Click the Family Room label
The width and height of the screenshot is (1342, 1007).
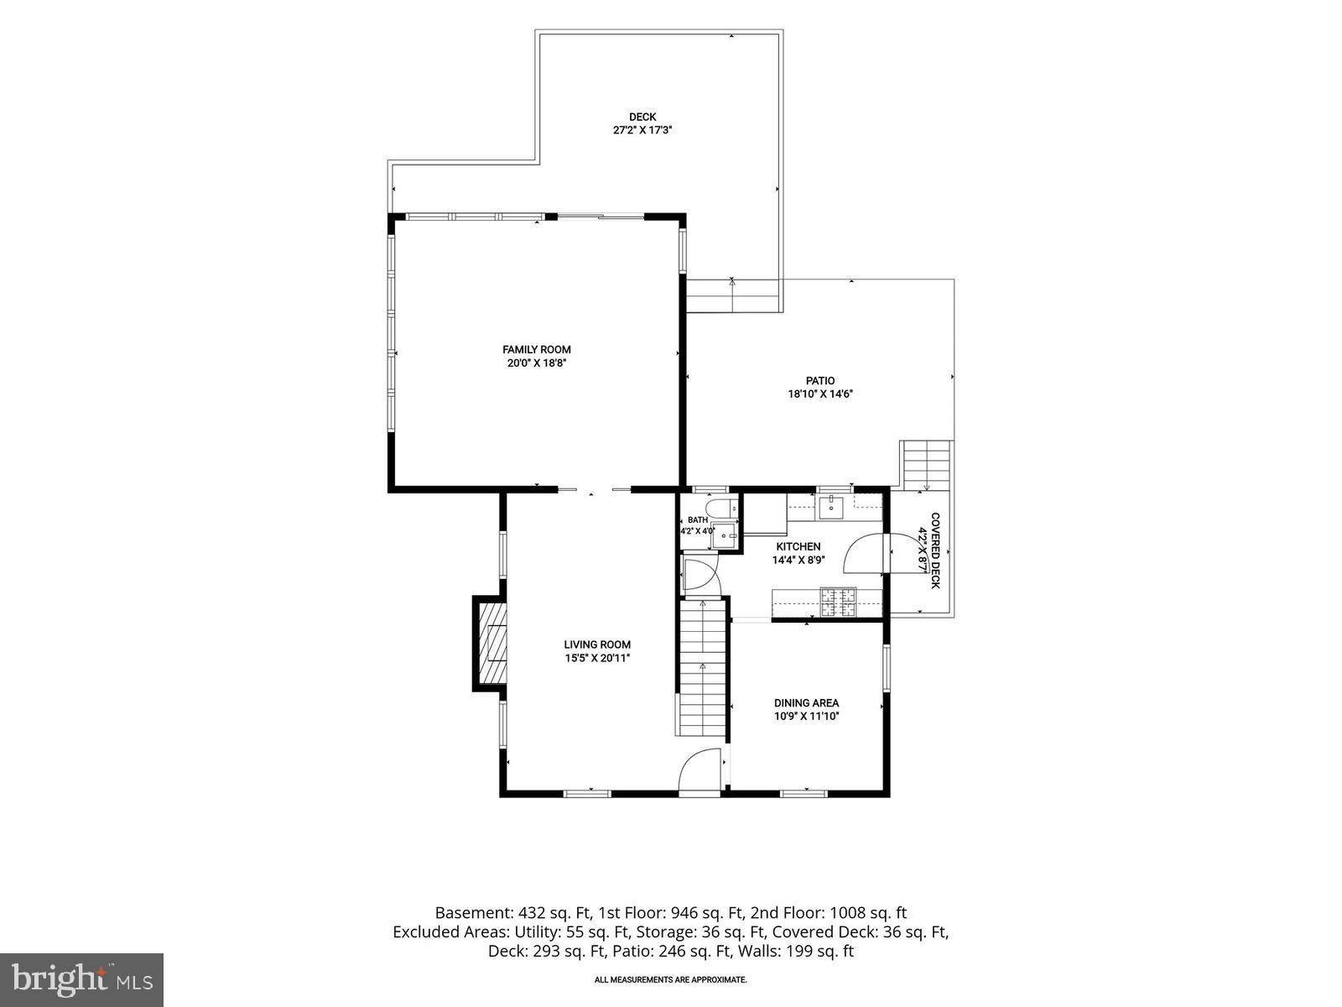pos(536,350)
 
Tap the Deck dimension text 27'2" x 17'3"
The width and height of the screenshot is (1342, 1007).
pos(642,130)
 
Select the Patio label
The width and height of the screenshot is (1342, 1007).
pos(819,381)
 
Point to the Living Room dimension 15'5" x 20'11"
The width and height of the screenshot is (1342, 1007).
pos(596,658)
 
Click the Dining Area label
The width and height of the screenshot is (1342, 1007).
pos(806,703)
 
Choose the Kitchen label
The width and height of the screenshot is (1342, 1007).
pos(798,546)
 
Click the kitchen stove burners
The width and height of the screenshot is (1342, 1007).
pos(838,602)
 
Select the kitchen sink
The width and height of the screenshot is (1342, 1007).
pos(831,508)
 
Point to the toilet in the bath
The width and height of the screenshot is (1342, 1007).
pos(721,508)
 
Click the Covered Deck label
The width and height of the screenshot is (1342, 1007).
pos(935,550)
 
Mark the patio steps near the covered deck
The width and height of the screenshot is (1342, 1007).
pos(926,465)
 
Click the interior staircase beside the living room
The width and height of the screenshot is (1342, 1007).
pos(703,668)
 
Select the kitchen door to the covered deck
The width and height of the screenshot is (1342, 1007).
pos(865,552)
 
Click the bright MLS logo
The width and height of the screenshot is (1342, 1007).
pos(81,979)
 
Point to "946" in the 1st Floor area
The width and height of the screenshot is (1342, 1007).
pos(684,912)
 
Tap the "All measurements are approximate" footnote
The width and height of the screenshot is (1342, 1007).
pos(671,979)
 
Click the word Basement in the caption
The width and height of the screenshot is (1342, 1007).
pos(474,912)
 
